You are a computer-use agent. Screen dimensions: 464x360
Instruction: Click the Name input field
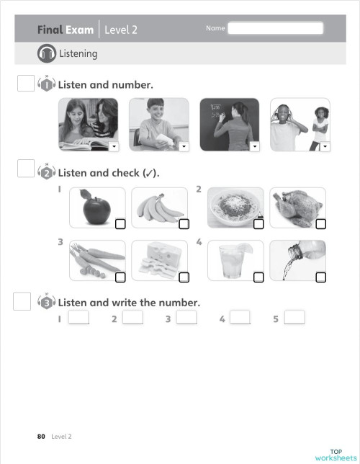(x=275, y=30)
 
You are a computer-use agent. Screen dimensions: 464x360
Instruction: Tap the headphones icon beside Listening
(x=47, y=53)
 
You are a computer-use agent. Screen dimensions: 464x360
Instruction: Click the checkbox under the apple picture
(x=120, y=224)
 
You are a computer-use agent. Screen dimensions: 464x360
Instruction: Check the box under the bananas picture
(x=184, y=224)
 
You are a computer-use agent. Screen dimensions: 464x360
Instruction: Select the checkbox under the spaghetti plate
(x=258, y=224)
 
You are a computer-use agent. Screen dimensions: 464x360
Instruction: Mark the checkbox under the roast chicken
(x=320, y=224)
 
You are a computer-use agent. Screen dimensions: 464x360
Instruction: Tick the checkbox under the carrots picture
(x=120, y=277)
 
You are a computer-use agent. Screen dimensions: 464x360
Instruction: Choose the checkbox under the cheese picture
(x=184, y=277)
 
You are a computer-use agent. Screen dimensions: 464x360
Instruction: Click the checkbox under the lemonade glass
(x=258, y=277)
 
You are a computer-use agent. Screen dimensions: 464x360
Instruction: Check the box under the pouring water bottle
(x=320, y=277)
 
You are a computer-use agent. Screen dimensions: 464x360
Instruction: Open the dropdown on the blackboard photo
(x=253, y=146)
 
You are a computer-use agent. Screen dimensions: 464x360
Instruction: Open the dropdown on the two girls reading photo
(x=112, y=146)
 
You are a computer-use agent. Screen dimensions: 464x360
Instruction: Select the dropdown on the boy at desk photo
(x=183, y=146)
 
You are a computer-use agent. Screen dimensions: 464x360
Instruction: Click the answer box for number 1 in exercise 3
(x=78, y=318)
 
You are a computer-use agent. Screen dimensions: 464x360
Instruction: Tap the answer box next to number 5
(x=294, y=318)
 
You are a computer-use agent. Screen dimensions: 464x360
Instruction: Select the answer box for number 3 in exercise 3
(x=186, y=318)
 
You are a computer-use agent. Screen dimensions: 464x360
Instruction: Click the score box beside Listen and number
(x=25, y=84)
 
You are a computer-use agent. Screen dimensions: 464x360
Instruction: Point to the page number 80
(x=41, y=436)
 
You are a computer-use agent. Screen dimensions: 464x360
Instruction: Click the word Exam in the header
(x=80, y=30)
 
